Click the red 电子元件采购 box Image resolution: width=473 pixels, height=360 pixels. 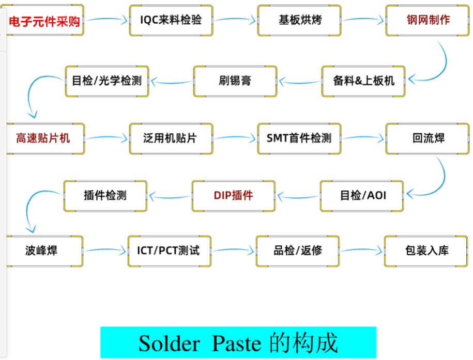coord(45,21)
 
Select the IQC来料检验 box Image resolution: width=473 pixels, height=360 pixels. coord(171,21)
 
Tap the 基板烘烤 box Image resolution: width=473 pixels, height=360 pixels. coord(299,21)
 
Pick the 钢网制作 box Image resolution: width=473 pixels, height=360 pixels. coord(428,21)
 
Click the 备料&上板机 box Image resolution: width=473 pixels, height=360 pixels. coord(363,81)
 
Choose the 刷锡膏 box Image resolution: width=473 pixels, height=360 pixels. coord(235,81)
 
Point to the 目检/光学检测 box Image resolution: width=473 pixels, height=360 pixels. coord(107,81)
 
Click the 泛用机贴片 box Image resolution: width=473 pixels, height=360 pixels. coord(171,138)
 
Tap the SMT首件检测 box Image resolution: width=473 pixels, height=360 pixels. coord(299,138)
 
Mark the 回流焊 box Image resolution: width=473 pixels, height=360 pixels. coord(428,138)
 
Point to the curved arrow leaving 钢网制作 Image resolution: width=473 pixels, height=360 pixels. coord(440,65)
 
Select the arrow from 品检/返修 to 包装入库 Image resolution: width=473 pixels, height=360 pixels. coord(362,251)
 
